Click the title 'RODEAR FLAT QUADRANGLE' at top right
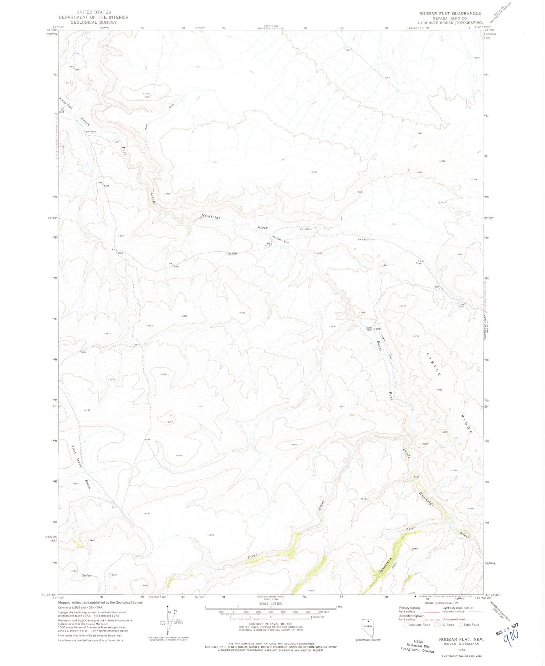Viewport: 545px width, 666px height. [450, 13]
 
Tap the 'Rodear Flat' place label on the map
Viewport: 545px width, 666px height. [280, 240]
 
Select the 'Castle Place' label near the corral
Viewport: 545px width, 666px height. [369, 328]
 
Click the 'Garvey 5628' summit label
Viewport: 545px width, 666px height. [146, 96]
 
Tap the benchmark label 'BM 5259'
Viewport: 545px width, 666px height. [233, 254]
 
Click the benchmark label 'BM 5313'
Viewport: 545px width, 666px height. [364, 239]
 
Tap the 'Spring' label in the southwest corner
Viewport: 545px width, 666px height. [86, 576]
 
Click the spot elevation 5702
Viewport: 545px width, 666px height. [314, 172]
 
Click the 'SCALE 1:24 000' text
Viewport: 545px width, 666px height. [271, 604]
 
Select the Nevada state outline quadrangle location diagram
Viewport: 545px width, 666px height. [368, 628]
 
